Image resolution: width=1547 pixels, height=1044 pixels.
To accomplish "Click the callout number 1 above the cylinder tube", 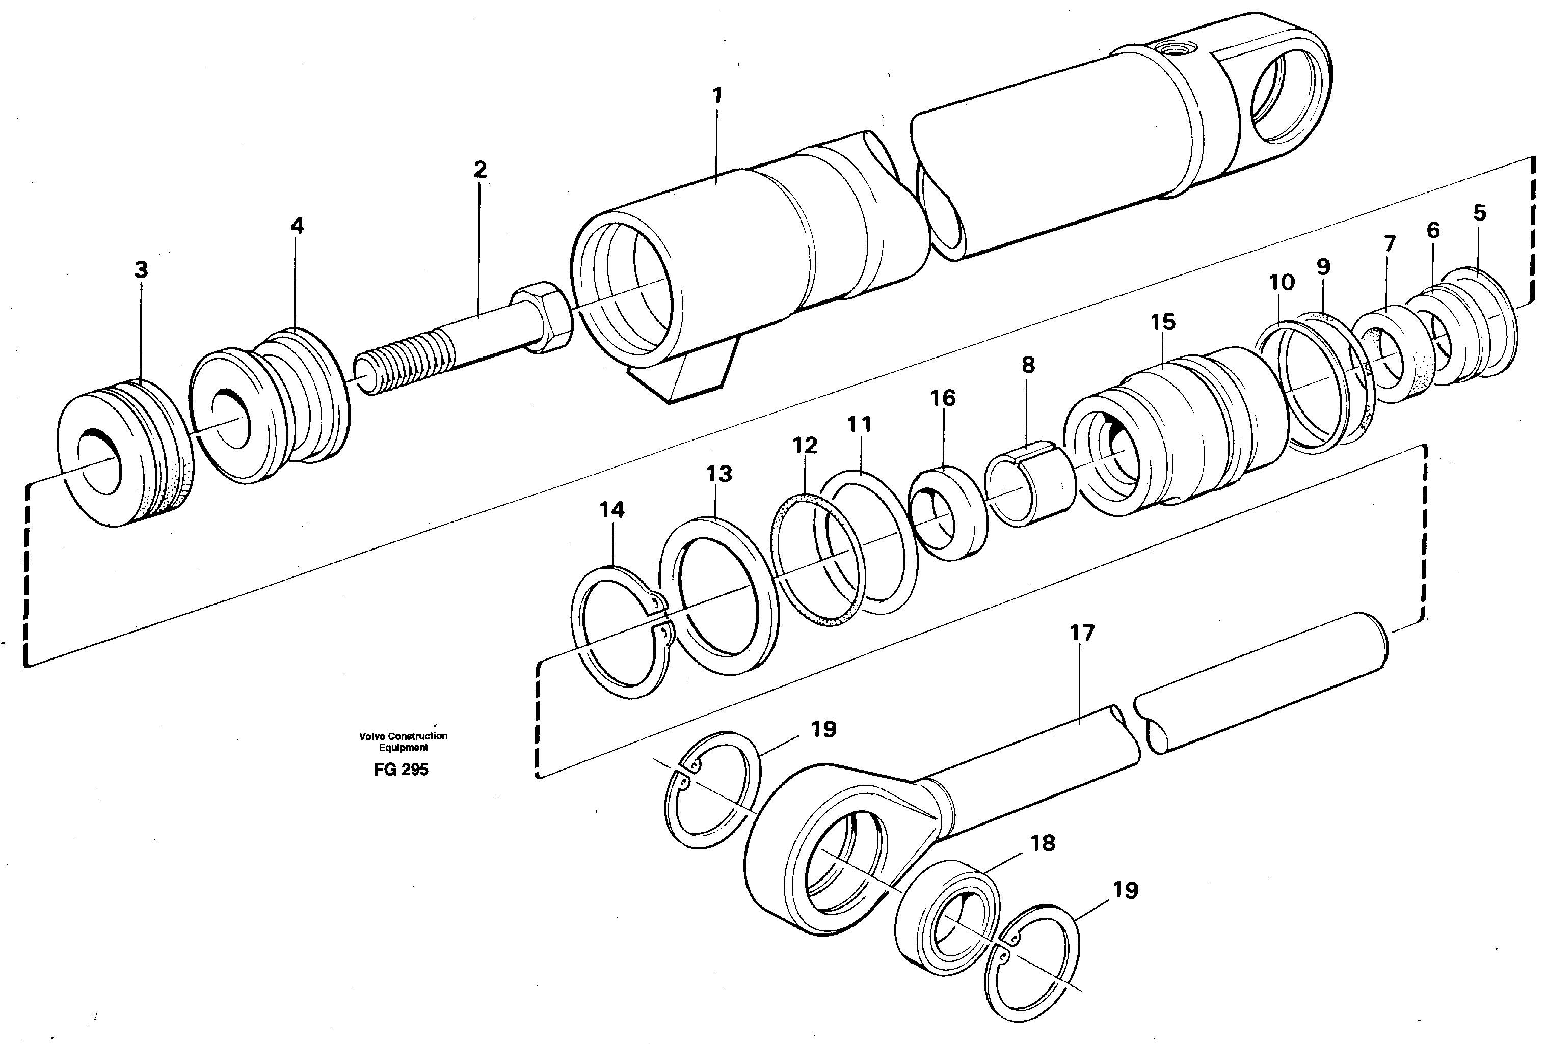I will pos(717,96).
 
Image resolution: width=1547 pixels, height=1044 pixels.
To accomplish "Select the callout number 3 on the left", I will pos(141,270).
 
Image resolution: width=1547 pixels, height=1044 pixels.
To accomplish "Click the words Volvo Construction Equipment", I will pos(403,741).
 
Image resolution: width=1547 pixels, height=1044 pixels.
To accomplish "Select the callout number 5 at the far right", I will pos(1479,213).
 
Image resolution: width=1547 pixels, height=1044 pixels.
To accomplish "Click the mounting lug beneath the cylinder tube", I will pos(686,376).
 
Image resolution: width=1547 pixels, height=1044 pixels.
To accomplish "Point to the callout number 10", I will pos(1282,283).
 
